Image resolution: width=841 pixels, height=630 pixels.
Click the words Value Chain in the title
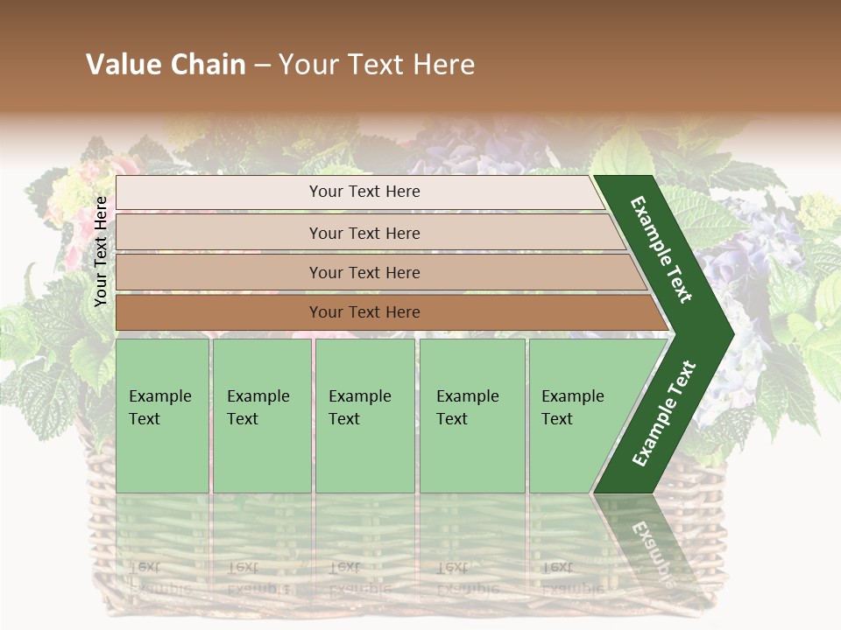tap(166, 65)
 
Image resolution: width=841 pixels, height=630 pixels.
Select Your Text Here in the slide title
tap(377, 65)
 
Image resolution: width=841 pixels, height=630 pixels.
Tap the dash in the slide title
tap(262, 66)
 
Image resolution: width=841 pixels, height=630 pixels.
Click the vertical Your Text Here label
tap(101, 251)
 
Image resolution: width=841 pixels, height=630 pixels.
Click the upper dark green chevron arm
tap(662, 249)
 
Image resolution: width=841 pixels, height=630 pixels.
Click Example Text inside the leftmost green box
tap(159, 408)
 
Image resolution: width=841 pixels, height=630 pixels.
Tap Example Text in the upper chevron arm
tap(662, 249)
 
